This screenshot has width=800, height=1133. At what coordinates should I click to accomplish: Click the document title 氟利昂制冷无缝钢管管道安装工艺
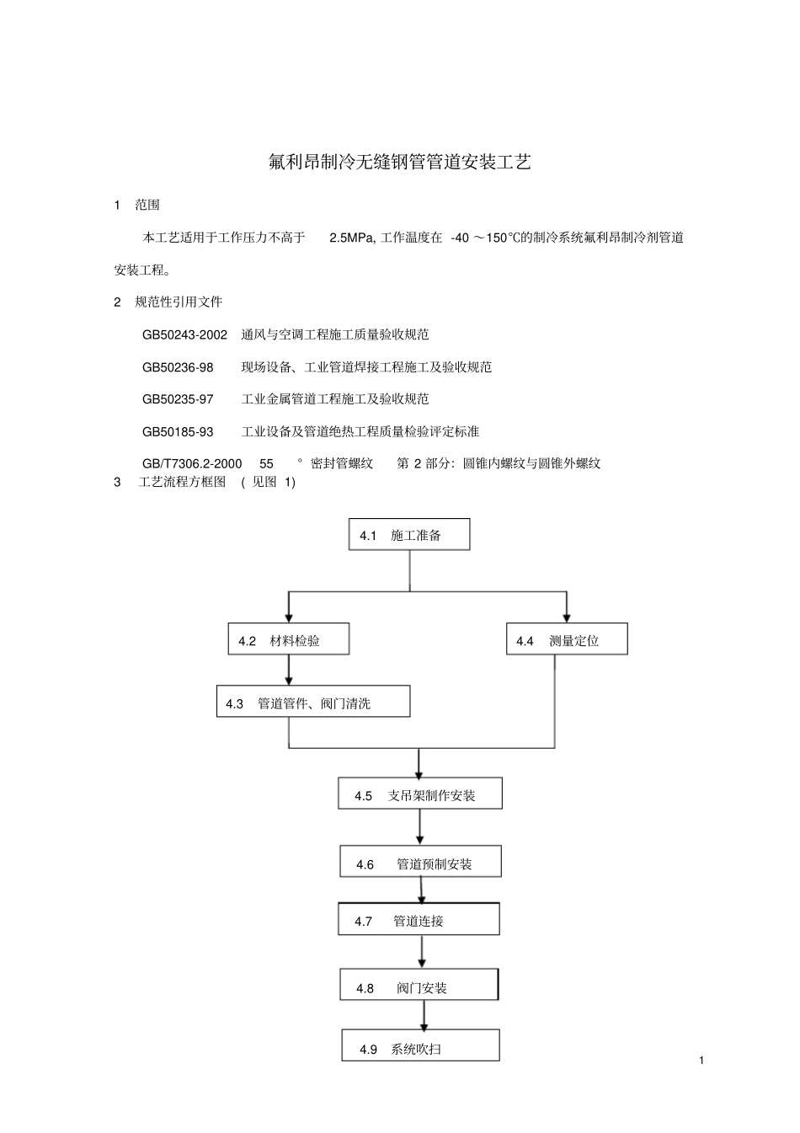(399, 163)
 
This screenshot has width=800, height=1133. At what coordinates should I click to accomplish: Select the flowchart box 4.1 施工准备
(409, 535)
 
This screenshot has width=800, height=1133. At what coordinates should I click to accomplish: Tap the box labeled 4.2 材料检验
(288, 640)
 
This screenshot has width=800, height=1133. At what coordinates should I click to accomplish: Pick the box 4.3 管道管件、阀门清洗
(313, 703)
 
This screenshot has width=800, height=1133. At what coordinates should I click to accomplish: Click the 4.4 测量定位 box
(566, 640)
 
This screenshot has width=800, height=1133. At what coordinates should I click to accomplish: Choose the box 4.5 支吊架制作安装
(420, 794)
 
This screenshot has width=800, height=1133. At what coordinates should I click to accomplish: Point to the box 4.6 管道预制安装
(420, 863)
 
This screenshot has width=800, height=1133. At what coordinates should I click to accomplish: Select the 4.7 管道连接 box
(419, 920)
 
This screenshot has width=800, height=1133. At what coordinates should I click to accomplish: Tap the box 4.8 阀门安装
(419, 986)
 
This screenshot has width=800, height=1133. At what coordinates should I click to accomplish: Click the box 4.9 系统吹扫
(420, 1047)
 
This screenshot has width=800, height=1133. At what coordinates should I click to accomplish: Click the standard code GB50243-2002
(184, 334)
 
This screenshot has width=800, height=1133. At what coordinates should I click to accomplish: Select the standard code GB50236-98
(178, 367)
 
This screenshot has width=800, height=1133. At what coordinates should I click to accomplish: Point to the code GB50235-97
(178, 399)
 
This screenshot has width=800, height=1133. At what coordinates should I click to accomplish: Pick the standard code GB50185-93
(178, 432)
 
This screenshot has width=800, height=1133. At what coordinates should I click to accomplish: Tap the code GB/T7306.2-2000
(192, 463)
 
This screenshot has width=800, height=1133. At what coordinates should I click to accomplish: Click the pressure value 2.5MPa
(351, 238)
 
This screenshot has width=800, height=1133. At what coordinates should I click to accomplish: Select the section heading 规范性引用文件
(179, 302)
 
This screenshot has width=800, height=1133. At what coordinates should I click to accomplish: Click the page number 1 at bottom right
(701, 1060)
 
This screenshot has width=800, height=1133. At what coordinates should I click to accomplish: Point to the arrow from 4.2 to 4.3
(289, 671)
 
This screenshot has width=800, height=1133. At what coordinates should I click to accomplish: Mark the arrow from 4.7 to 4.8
(422, 952)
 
